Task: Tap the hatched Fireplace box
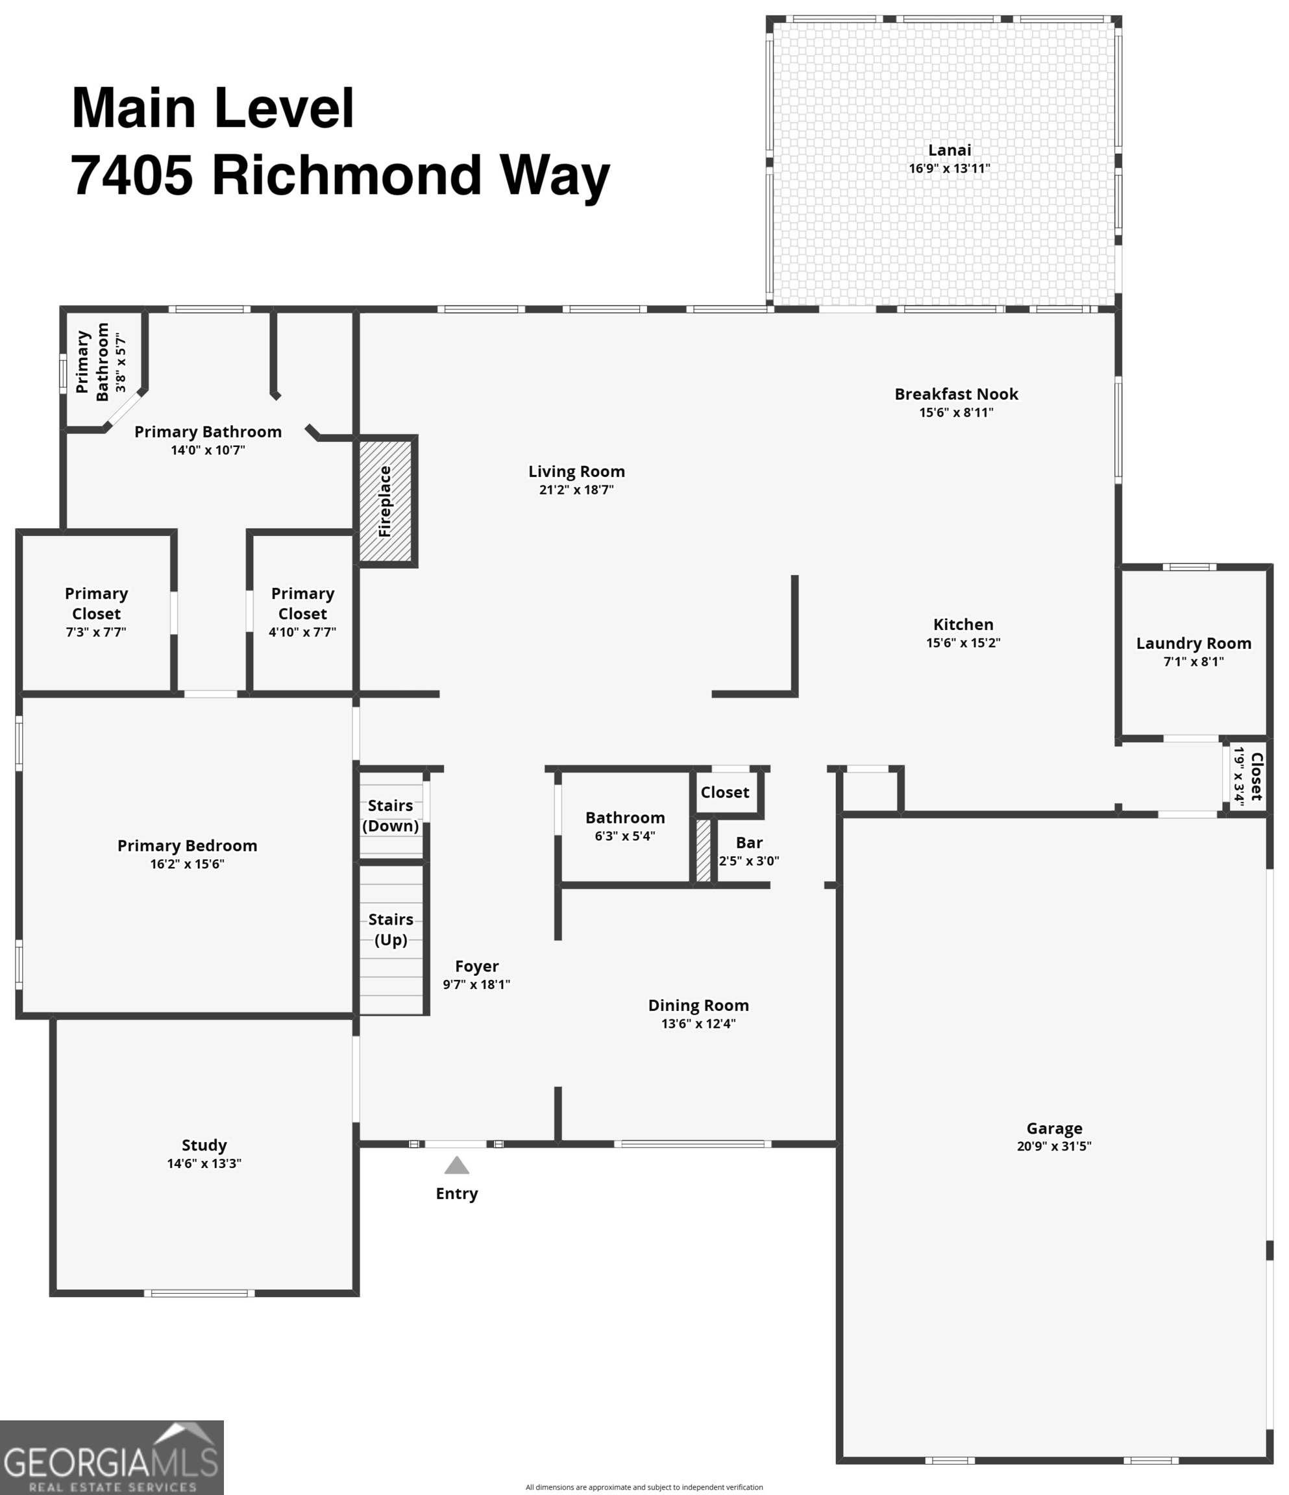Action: click(386, 501)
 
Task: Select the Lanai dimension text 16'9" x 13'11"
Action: click(949, 169)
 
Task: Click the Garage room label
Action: click(1053, 1128)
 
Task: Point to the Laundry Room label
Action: click(1193, 644)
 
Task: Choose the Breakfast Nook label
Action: click(956, 395)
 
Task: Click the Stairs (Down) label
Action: click(391, 816)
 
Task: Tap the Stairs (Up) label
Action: click(391, 929)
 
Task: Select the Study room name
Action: click(204, 1145)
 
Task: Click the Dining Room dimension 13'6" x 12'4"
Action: click(698, 1024)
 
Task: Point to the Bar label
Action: click(749, 843)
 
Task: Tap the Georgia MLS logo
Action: click(112, 1457)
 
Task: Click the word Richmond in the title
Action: click(347, 175)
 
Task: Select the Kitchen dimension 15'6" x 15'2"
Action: click(963, 643)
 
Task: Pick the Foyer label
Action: click(476, 966)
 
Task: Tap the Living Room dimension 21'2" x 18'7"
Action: click(576, 490)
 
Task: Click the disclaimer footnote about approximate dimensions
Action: click(644, 1487)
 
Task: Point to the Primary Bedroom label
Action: click(187, 845)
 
